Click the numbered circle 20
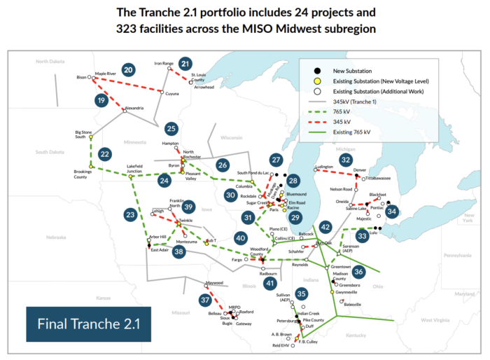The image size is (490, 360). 127,70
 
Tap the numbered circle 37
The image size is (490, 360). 204,300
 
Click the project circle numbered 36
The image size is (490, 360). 359,271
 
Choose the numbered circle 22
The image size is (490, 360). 105,154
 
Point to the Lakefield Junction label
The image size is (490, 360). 139,168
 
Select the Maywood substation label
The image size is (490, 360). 213,283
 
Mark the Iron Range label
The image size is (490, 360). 164,64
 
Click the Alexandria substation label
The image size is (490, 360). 133,108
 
